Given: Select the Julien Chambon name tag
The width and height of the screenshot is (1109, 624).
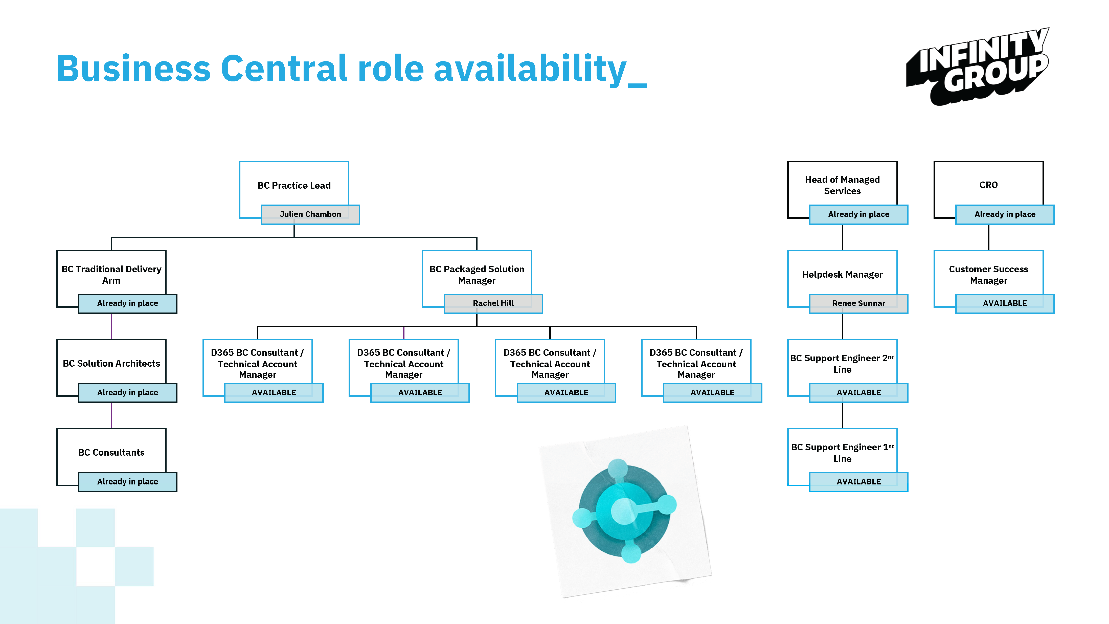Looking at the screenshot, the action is tap(310, 214).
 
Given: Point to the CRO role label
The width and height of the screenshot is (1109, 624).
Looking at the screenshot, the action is tap(988, 185).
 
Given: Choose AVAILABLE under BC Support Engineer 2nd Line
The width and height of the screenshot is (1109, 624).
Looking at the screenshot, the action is tap(859, 393).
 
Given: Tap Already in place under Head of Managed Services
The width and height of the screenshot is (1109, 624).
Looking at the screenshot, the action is tap(859, 214).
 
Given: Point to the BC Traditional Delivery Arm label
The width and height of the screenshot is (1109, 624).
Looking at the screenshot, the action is tap(111, 275).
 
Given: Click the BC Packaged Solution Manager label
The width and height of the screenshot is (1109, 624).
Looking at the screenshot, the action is tap(477, 275).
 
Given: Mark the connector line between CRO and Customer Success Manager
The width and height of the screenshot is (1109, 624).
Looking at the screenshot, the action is tap(989, 237).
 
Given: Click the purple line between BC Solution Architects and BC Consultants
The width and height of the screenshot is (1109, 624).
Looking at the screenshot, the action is tap(111, 416).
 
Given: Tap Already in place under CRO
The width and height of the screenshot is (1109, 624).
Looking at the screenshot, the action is tap(1005, 214).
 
